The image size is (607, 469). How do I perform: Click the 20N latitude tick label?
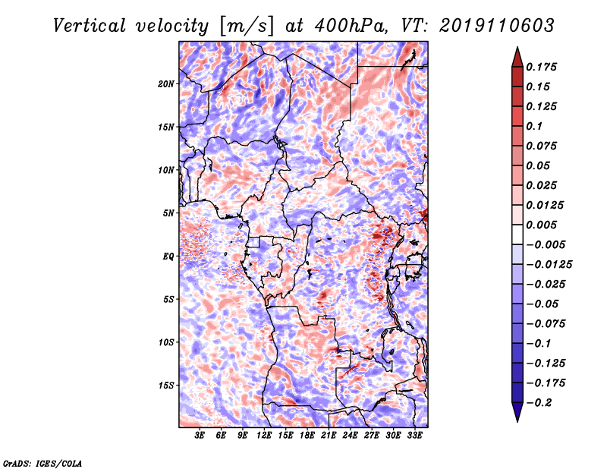pyautogui.click(x=166, y=84)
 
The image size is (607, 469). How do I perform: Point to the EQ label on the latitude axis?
pyautogui.click(x=168, y=257)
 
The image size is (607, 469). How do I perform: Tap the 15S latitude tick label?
pyautogui.click(x=166, y=386)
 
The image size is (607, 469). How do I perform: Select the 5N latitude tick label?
pyautogui.click(x=168, y=213)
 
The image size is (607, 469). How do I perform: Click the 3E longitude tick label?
pyautogui.click(x=200, y=436)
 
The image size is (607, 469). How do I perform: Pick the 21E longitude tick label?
pyautogui.click(x=329, y=436)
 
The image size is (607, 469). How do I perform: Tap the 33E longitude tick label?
pyautogui.click(x=414, y=436)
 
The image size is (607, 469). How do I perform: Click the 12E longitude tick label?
pyautogui.click(x=264, y=436)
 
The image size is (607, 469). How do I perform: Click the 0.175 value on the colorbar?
pyautogui.click(x=541, y=67)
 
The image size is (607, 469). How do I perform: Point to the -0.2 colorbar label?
pyautogui.click(x=539, y=403)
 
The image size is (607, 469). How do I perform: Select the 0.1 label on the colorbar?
pyautogui.click(x=534, y=126)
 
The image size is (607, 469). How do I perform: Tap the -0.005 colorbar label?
pyautogui.click(x=546, y=245)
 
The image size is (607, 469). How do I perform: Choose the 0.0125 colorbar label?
pyautogui.click(x=545, y=205)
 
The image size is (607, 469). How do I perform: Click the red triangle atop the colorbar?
pyautogui.click(x=517, y=58)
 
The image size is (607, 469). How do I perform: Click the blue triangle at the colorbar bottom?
pyautogui.click(x=517, y=412)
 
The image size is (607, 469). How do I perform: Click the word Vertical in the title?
pyautogui.click(x=90, y=26)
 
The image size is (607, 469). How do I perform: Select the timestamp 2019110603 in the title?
pyautogui.click(x=497, y=26)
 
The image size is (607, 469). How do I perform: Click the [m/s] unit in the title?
pyautogui.click(x=247, y=27)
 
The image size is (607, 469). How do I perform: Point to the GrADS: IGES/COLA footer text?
pyautogui.click(x=42, y=463)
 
